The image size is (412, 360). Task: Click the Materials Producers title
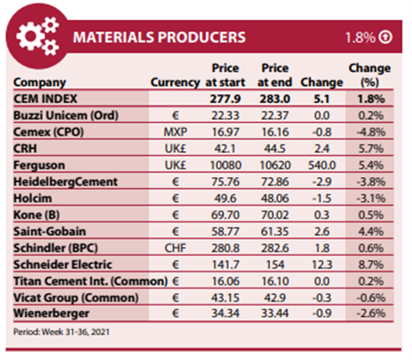pos(160,37)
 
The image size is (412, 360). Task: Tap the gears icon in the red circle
pos(38,36)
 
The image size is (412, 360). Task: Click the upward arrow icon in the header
pos(385,37)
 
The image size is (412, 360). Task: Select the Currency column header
pos(175,82)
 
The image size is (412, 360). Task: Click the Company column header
pos(39,82)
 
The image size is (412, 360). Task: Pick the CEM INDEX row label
pos(45,99)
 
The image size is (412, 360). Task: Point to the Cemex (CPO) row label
pos(48,132)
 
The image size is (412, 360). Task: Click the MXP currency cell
pos(175,132)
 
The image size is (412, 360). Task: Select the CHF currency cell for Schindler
pos(175,248)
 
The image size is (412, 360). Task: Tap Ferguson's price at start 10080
pos(226,165)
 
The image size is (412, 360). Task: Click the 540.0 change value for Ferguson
pos(322,165)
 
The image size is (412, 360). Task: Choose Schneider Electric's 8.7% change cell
pos(371,265)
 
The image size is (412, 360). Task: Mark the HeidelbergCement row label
pos(65,182)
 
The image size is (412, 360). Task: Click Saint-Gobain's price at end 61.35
pos(275,231)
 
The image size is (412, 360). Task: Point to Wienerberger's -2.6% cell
pos(371,314)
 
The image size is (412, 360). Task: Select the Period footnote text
pos(61,332)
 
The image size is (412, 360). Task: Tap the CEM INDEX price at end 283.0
pos(275,99)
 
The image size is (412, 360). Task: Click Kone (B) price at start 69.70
pos(226,215)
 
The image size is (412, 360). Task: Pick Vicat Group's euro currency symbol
pos(175,298)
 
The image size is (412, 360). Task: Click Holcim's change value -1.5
pos(322,198)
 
